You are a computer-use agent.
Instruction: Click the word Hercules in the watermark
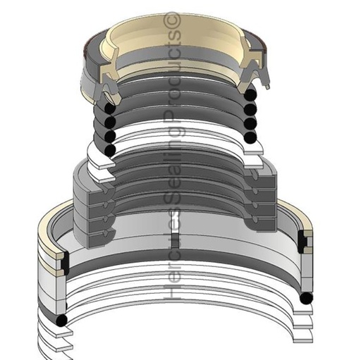point(171,272)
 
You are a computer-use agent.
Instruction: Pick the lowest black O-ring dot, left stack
point(110,150)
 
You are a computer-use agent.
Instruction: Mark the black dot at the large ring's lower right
point(305,299)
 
